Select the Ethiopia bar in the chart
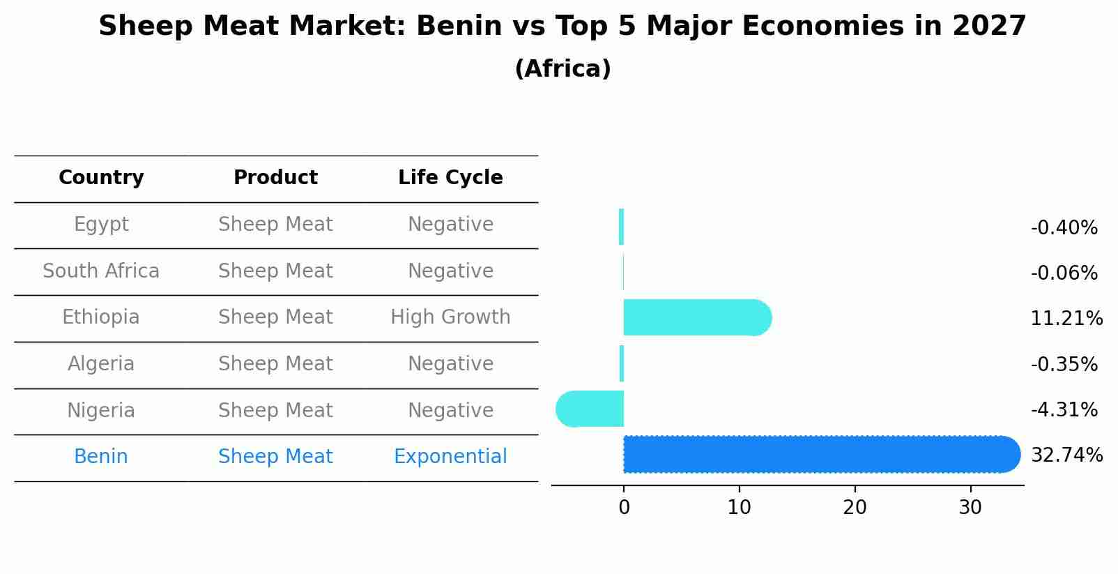pos(697,317)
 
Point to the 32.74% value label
pos(1066,455)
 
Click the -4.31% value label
pos(1064,409)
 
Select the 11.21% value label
pos(1066,319)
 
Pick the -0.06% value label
pos(1064,273)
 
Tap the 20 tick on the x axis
pos(855,508)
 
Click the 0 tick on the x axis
pos(624,508)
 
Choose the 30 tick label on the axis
pos(970,508)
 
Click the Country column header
pos(101,178)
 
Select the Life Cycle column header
pos(450,178)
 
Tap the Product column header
pos(275,178)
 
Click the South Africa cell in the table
pos(101,271)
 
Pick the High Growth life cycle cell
pos(450,317)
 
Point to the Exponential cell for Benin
pos(450,457)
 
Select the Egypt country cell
pos(101,225)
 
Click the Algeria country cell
pos(101,364)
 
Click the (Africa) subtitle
pos(562,69)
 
